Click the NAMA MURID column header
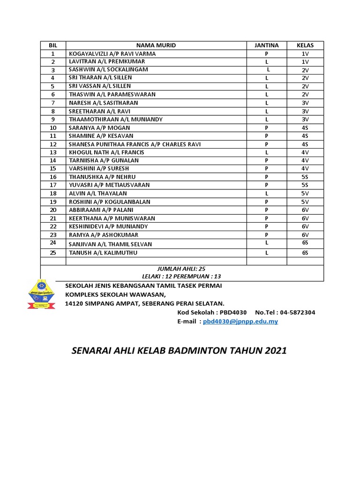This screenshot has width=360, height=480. tap(156, 45)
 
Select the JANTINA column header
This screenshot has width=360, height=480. tap(266, 45)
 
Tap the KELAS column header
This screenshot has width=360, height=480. tap(305, 45)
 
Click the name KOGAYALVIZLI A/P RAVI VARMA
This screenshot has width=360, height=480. tap(112, 54)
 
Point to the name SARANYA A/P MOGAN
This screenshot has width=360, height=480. tap(99, 127)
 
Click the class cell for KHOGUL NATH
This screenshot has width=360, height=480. tap(305, 152)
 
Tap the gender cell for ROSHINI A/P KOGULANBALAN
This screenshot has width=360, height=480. tap(266, 202)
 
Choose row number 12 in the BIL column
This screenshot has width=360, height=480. tap(53, 144)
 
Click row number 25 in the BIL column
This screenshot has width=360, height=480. tap(53, 253)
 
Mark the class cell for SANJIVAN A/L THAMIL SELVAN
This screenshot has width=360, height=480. tap(305, 242)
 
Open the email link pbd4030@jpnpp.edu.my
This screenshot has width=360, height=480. tap(240, 322)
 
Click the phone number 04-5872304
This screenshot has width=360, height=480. tap(297, 312)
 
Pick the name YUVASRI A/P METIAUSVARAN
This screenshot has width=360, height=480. tap(109, 185)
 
